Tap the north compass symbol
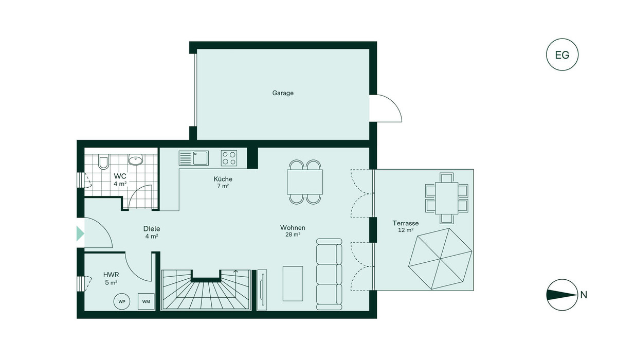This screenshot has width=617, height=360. (x=562, y=295)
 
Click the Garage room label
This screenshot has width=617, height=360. (x=283, y=93)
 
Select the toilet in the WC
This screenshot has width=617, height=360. (x=103, y=161)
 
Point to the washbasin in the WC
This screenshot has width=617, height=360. (x=136, y=160)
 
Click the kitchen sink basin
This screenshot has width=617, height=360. (x=200, y=158)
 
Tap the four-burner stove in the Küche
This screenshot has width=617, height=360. (x=229, y=158)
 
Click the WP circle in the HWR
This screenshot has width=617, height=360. (x=122, y=301)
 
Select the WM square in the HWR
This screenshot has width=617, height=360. (x=146, y=301)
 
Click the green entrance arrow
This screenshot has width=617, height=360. (x=80, y=233)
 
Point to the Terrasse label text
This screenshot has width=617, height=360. (x=406, y=223)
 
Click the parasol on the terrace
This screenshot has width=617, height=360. (x=440, y=259)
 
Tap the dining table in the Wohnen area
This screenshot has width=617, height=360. (x=305, y=182)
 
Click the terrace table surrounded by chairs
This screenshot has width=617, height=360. (x=446, y=198)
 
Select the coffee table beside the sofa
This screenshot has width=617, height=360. (x=293, y=283)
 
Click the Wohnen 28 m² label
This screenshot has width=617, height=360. (x=293, y=231)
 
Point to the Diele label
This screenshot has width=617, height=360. (x=152, y=229)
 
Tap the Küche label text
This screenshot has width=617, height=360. (x=223, y=179)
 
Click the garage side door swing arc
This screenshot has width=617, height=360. (x=393, y=102)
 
